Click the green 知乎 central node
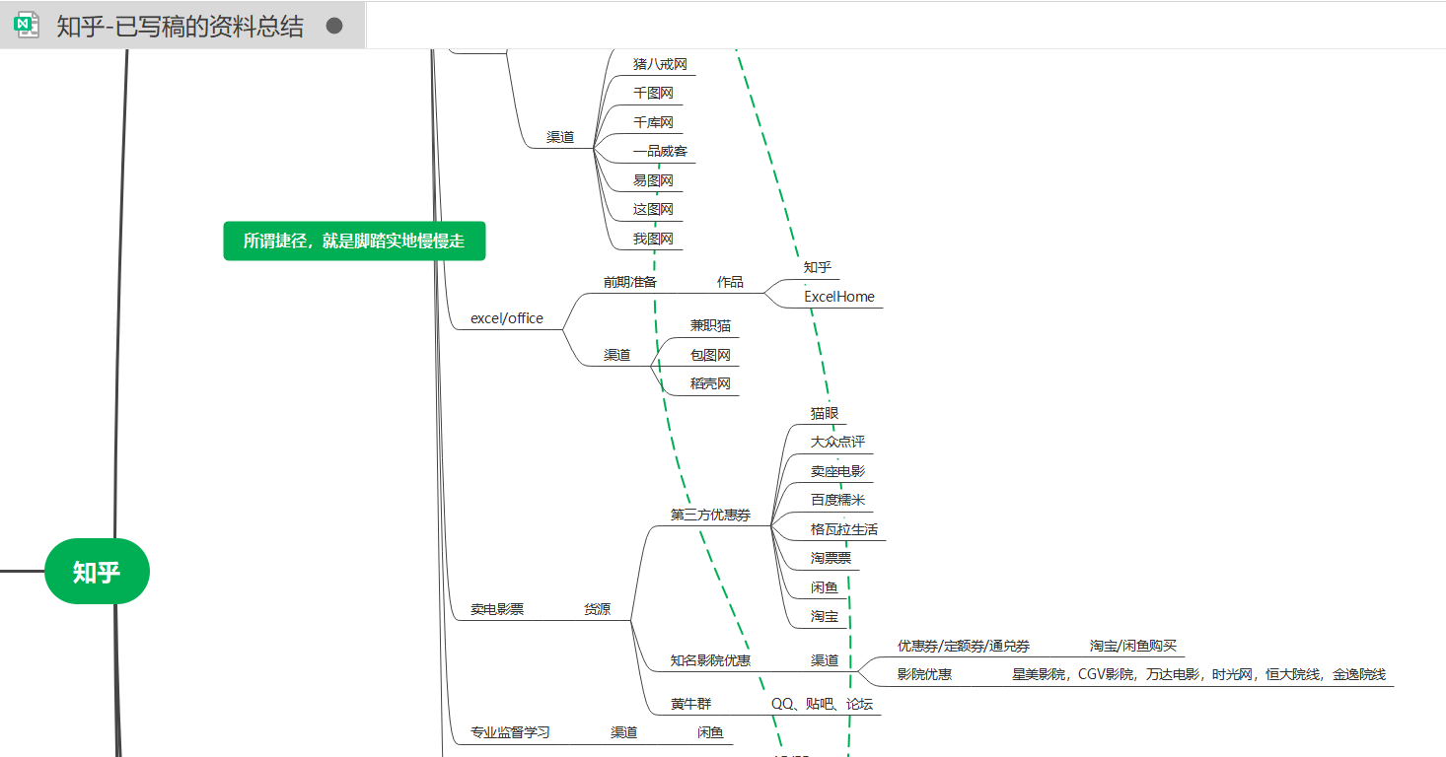pos(97,572)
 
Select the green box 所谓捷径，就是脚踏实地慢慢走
pos(354,241)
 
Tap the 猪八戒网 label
pos(660,64)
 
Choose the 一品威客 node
pos(660,152)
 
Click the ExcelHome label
pos(838,297)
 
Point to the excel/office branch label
pos(507,318)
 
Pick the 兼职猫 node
pos(710,326)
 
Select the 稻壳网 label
pos(710,384)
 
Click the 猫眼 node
pos(825,414)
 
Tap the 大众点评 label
pos(837,443)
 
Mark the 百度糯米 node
pos(837,501)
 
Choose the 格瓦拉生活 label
pos(844,530)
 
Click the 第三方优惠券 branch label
pos(710,516)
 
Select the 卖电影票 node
pos(497,610)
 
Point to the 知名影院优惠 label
pos(710,660)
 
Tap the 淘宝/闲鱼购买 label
pos(1132,647)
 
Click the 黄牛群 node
pos(690,705)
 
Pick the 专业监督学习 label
pos(510,733)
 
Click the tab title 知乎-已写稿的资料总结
pos(180,27)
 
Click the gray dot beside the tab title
pos(334,26)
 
